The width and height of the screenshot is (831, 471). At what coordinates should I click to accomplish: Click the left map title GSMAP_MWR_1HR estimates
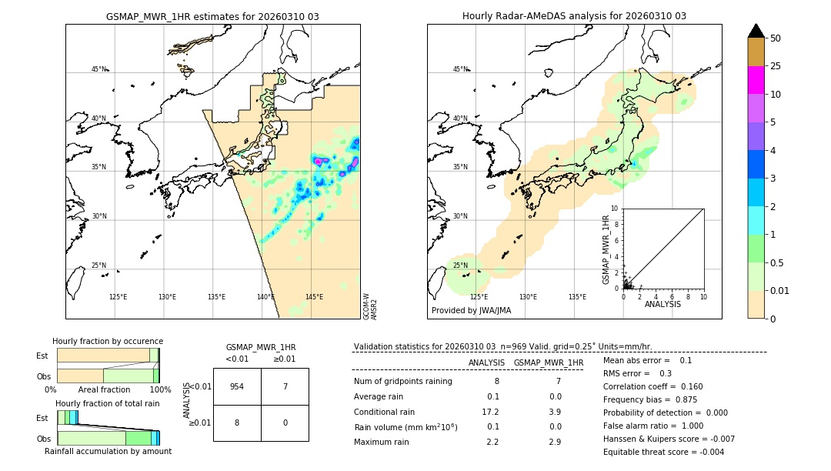(212, 16)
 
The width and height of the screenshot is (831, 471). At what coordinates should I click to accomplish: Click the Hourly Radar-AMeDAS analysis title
(574, 16)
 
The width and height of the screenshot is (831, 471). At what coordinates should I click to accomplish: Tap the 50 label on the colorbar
(776, 38)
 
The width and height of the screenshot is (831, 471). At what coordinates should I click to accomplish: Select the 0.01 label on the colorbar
(780, 290)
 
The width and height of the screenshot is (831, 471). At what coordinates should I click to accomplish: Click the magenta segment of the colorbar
(756, 80)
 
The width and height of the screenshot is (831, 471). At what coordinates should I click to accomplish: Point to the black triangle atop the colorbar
(756, 31)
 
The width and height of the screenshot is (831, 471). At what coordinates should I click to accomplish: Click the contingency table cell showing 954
(237, 386)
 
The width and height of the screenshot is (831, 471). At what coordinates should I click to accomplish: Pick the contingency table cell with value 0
(285, 423)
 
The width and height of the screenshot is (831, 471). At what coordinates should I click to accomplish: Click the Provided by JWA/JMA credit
(471, 310)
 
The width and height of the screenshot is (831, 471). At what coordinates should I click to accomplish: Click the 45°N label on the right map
(460, 69)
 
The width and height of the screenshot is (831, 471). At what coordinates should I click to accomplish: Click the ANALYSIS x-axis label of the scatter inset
(662, 304)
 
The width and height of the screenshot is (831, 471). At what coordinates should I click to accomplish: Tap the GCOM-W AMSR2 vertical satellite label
(370, 306)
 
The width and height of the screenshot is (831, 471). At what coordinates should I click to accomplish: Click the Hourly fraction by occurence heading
(108, 341)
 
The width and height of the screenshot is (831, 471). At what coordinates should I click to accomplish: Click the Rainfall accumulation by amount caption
(108, 451)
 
